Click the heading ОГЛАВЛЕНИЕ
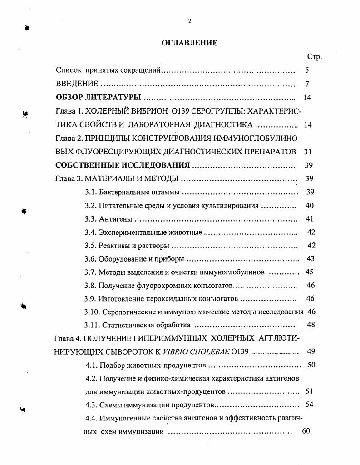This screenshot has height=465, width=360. pos(190,43)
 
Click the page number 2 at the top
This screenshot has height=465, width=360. pos(190,20)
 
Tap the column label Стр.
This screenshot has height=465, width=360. pos(314,57)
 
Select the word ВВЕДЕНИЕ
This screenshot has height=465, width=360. pos(77,84)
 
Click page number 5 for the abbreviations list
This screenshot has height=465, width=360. pos(307,70)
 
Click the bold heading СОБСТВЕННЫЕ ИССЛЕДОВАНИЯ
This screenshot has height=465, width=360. pos(123,165)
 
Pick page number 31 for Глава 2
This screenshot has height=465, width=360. pos(307,151)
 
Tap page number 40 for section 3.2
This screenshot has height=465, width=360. pos(310,205)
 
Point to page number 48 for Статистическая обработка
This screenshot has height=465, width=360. pos(311,325)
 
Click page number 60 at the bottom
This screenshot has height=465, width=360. pos(306,431)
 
